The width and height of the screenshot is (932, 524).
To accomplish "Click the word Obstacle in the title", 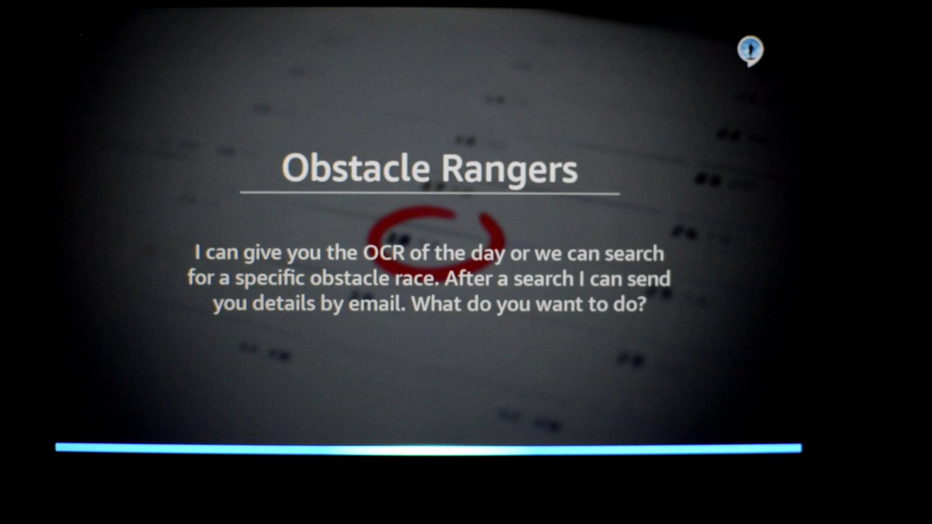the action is tap(356, 168).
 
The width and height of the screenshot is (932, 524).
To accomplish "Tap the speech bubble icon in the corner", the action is tap(750, 51).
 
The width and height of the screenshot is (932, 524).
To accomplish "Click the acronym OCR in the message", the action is tap(384, 253).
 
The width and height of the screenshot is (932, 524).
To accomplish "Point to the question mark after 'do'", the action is tap(642, 304).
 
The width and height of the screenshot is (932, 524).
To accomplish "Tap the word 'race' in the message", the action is tap(416, 278).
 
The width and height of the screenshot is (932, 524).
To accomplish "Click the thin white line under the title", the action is tap(430, 193).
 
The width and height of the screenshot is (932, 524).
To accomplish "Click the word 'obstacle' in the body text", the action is tap(349, 278).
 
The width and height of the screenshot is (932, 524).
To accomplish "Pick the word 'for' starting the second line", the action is tap(200, 278).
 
